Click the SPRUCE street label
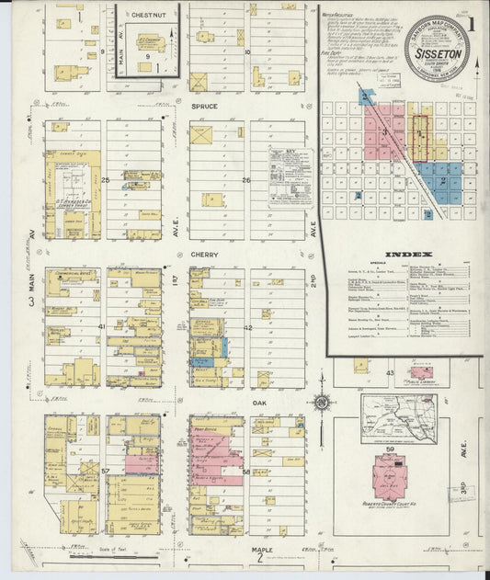pos(203,107)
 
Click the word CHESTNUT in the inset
pos(147,16)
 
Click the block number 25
pos(106,179)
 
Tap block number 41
pos(104,327)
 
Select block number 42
pos(247,327)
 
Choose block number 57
pos(105,472)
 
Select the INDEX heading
pos(402,254)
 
